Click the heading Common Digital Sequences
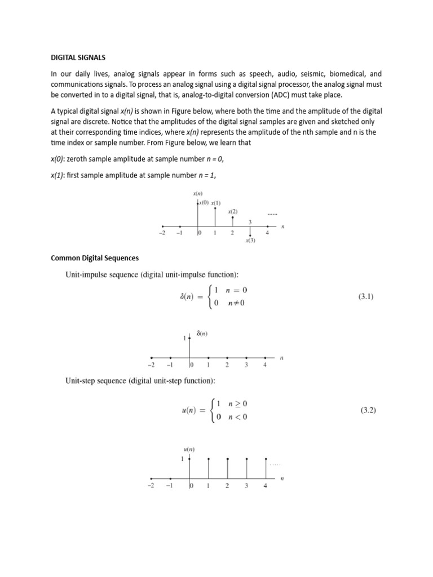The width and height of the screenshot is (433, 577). [x=95, y=258]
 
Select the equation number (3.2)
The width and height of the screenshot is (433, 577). [x=368, y=411]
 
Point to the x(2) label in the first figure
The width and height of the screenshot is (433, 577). [x=233, y=211]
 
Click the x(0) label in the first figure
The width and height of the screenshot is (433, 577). [x=204, y=202]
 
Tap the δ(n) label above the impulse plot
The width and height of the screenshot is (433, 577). [x=201, y=334]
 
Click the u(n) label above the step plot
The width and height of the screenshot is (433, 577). [x=189, y=449]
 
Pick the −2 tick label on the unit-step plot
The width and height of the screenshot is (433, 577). [x=151, y=486]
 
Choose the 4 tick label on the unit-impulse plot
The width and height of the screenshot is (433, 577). [x=265, y=365]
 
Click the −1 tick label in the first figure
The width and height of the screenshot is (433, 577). [x=179, y=233]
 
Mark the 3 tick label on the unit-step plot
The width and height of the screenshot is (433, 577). [x=246, y=486]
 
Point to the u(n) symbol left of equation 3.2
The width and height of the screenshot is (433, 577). [x=188, y=411]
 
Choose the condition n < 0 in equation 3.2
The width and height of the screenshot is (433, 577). [x=237, y=418]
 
